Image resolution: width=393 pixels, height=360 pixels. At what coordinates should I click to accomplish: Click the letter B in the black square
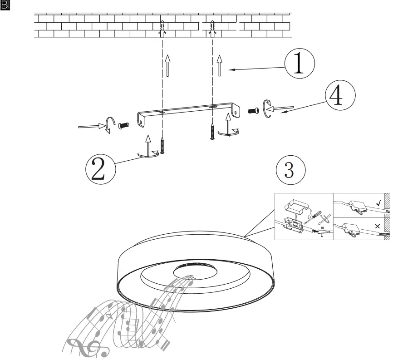5,5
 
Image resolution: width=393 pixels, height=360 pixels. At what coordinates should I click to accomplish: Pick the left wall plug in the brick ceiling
162,27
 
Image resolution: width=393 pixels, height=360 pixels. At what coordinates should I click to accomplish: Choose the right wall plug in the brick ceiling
212,27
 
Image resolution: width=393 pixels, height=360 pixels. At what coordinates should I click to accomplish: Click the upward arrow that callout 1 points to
220,65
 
